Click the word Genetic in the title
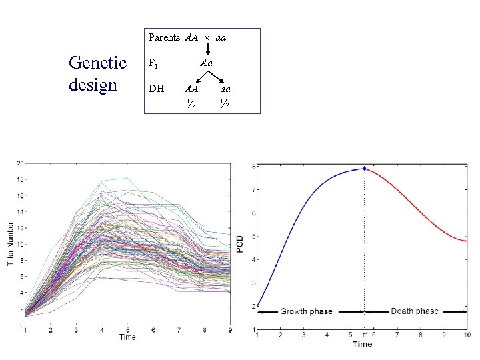[x=97, y=63]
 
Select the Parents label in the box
[x=164, y=38]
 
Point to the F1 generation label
[x=153, y=64]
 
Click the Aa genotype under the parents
[x=206, y=63]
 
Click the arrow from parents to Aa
[x=207, y=49]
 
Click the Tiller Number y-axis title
[x=11, y=243]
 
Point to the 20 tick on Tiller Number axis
[x=20, y=163]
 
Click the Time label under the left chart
[x=127, y=337]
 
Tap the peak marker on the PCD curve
[x=365, y=168]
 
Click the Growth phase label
[x=306, y=311]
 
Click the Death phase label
[x=415, y=311]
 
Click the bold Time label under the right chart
[x=362, y=344]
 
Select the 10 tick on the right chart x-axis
[x=467, y=335]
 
